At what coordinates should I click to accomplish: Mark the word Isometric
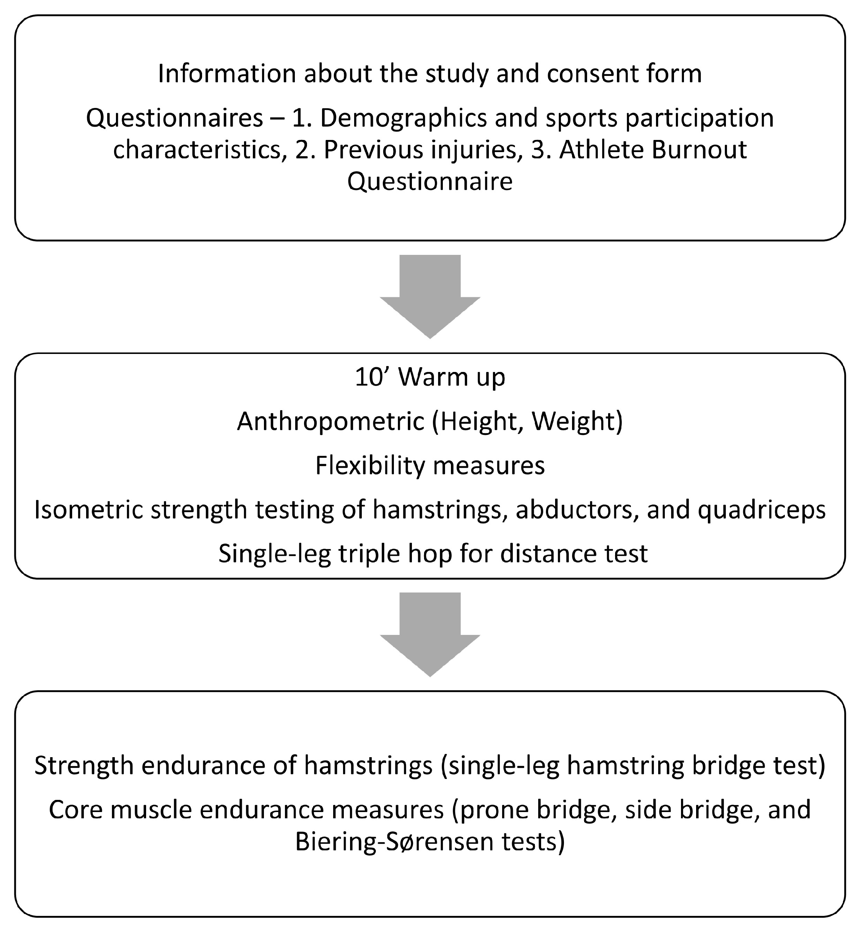(x=88, y=510)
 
